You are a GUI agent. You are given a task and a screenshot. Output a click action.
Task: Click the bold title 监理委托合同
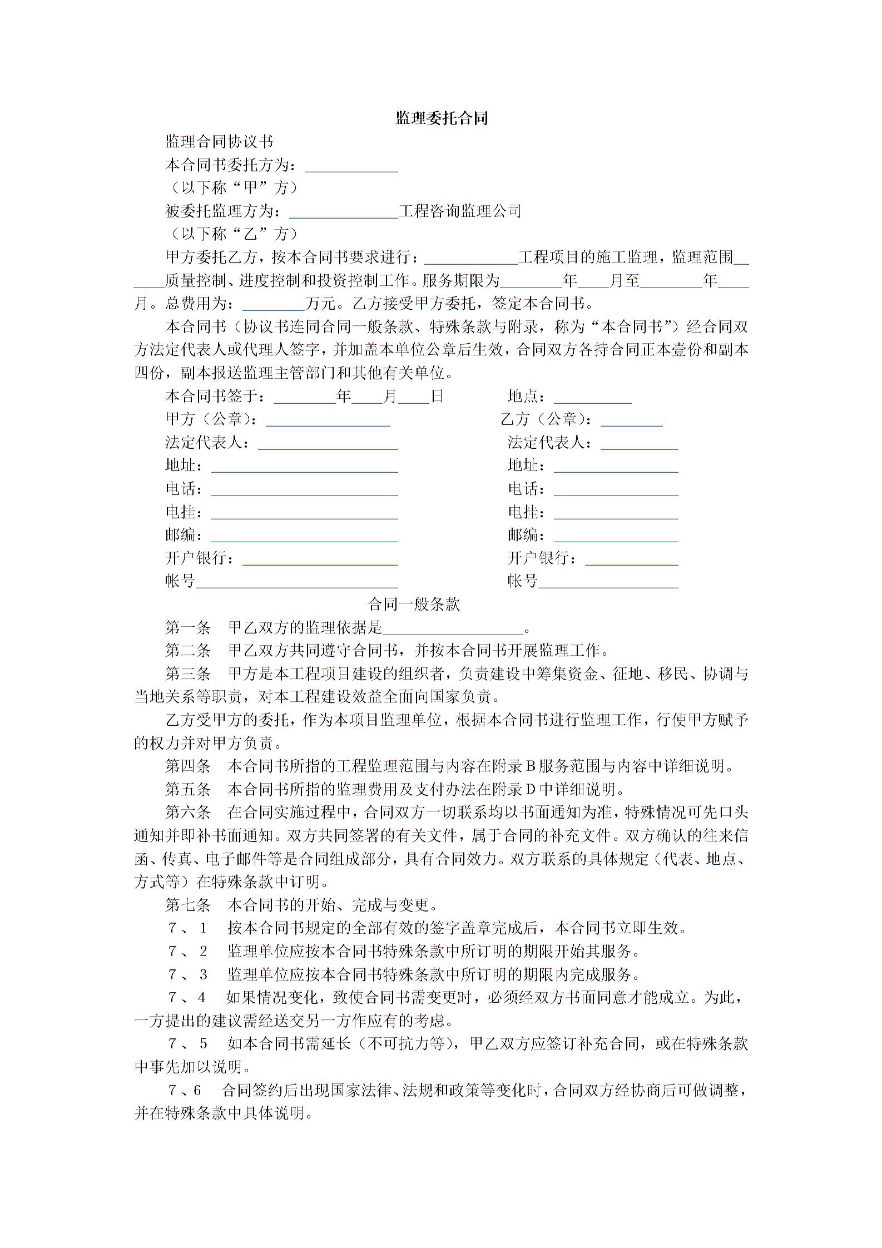[x=442, y=118]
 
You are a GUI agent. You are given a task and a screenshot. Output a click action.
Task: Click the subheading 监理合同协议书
[x=219, y=142]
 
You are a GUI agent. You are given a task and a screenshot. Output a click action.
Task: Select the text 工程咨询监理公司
[x=460, y=211]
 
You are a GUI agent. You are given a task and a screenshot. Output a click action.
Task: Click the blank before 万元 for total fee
[x=274, y=304]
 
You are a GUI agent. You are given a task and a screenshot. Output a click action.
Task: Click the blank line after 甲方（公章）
[x=328, y=421]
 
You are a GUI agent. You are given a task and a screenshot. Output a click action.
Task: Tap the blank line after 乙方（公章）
[x=631, y=421]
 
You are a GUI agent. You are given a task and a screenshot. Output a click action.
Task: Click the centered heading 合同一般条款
[x=414, y=605]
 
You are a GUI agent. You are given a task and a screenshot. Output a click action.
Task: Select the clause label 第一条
[x=188, y=628]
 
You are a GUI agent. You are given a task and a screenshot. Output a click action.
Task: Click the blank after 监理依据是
[x=453, y=629]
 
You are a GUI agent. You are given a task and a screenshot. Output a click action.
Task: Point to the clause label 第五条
[x=188, y=790]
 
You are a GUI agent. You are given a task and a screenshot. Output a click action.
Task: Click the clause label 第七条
[x=188, y=905]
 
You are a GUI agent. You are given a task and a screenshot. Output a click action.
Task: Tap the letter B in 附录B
[x=529, y=766]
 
